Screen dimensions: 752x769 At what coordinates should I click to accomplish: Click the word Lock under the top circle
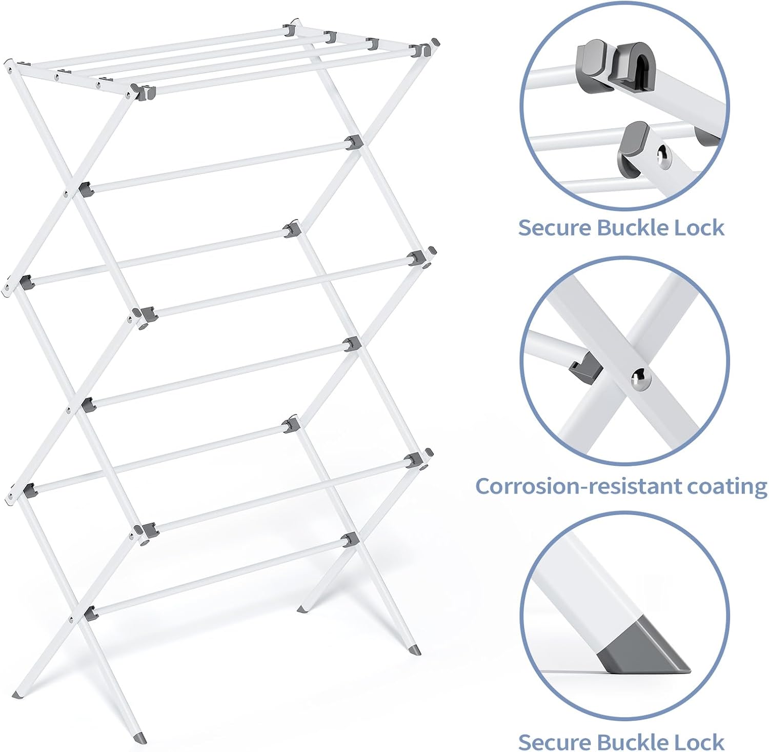[x=699, y=227]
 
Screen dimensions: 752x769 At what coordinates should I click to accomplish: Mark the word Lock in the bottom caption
[x=699, y=742]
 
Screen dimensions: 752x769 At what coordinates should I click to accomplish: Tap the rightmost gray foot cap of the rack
[x=415, y=649]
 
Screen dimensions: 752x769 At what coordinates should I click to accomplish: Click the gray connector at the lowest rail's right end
[x=351, y=540]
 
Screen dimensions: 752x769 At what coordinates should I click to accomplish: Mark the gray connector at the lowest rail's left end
[x=90, y=612]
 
